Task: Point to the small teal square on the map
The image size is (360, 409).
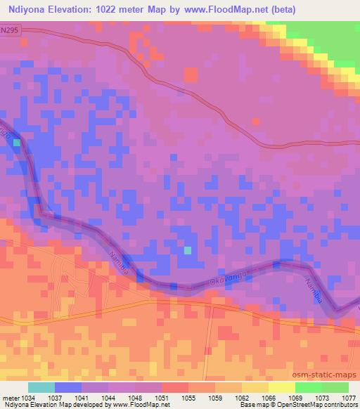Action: click(188, 249)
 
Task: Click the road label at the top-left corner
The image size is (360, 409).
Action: click(8, 31)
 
